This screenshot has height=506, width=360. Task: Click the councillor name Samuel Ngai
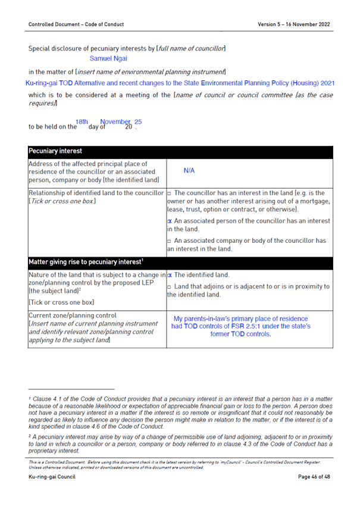coord(108,58)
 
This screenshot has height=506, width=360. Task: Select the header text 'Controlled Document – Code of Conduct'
coord(76,24)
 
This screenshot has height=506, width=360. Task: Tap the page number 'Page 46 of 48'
coord(313,477)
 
